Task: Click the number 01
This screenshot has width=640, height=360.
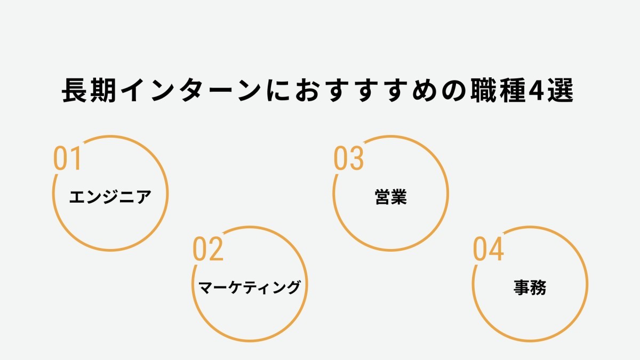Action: coord(67,158)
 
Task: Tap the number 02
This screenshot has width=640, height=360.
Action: coord(208,249)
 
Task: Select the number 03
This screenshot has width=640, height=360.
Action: coord(349,158)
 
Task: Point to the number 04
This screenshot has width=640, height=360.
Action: coord(489,249)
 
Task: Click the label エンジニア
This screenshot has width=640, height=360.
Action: coord(110,197)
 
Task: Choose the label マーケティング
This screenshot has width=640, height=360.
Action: coord(249,287)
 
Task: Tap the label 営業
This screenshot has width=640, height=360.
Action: coord(390,197)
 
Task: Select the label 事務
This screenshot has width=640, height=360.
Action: coord(530,287)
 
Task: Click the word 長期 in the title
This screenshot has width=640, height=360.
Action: coord(89,90)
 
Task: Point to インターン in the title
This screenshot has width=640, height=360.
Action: coord(191,90)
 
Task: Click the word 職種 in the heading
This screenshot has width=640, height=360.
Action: coord(498,90)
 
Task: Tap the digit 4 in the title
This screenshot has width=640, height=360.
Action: coord(536,90)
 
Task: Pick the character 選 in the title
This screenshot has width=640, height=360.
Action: coord(560,90)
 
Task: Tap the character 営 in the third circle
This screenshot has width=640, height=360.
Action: coord(382,197)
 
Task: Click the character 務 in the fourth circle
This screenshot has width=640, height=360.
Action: coord(538,287)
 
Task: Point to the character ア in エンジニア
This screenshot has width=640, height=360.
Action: coord(143,197)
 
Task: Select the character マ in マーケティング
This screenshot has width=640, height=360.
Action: coord(205,287)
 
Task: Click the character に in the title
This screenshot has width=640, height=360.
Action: coord(278,91)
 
